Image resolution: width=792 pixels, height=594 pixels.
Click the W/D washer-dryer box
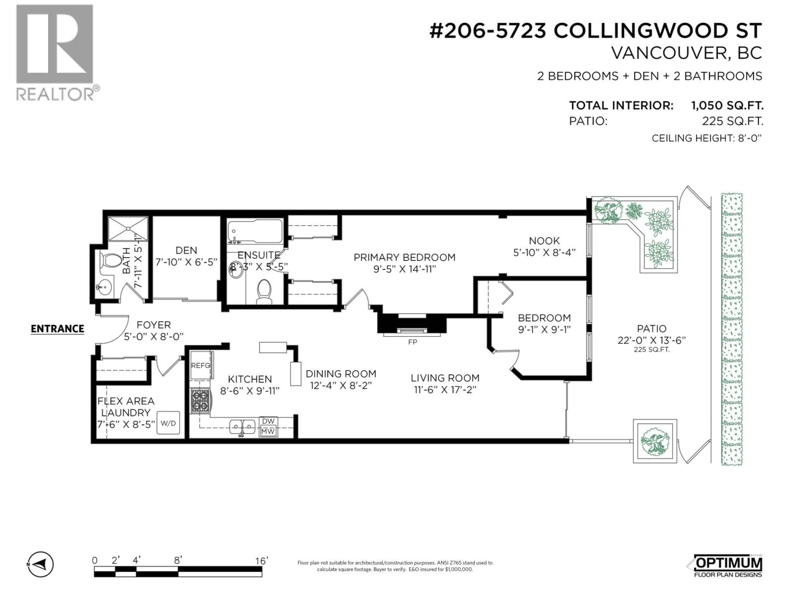click(x=168, y=423)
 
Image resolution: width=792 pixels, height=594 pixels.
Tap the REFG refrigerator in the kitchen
click(x=201, y=365)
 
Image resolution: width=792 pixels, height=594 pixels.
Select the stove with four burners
click(x=200, y=401)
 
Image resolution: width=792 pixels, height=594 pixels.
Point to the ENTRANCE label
click(x=57, y=329)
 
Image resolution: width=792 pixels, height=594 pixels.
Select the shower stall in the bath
click(x=127, y=229)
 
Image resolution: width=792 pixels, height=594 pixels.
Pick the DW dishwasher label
click(x=268, y=421)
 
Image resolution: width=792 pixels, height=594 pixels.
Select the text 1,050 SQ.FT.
click(x=727, y=106)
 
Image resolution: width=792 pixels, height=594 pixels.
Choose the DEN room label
click(x=186, y=250)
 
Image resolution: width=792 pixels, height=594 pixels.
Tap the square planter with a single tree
click(x=655, y=441)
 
